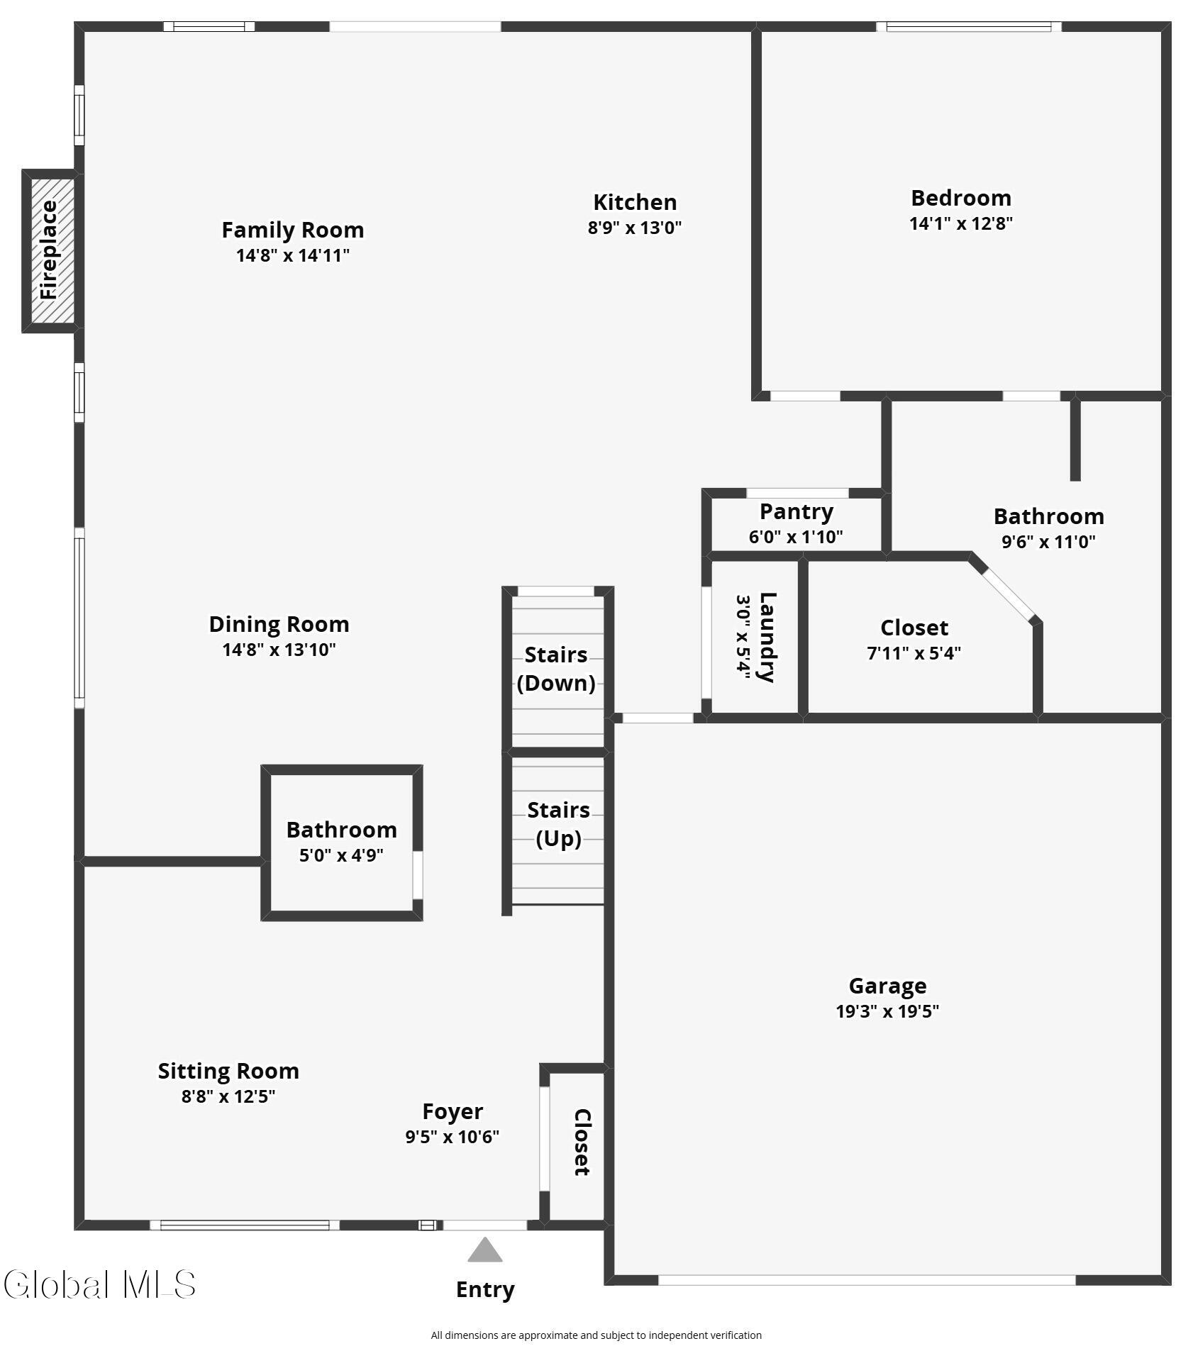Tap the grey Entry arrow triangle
[x=484, y=1250]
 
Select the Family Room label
[x=292, y=230]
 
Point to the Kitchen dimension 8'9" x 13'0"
[x=634, y=228]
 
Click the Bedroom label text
[x=960, y=198]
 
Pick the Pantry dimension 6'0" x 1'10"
[x=795, y=537]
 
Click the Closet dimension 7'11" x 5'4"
[x=914, y=653]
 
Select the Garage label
[x=887, y=986]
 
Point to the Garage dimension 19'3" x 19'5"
[x=887, y=1011]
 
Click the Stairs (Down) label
[x=556, y=668]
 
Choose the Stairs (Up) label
[x=558, y=824]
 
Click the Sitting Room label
[x=228, y=1071]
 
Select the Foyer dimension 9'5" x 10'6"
[x=452, y=1137]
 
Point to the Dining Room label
[x=279, y=624]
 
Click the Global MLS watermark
[x=99, y=1284]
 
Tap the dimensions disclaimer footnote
[x=596, y=1335]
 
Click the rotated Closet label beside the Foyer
[x=582, y=1142]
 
